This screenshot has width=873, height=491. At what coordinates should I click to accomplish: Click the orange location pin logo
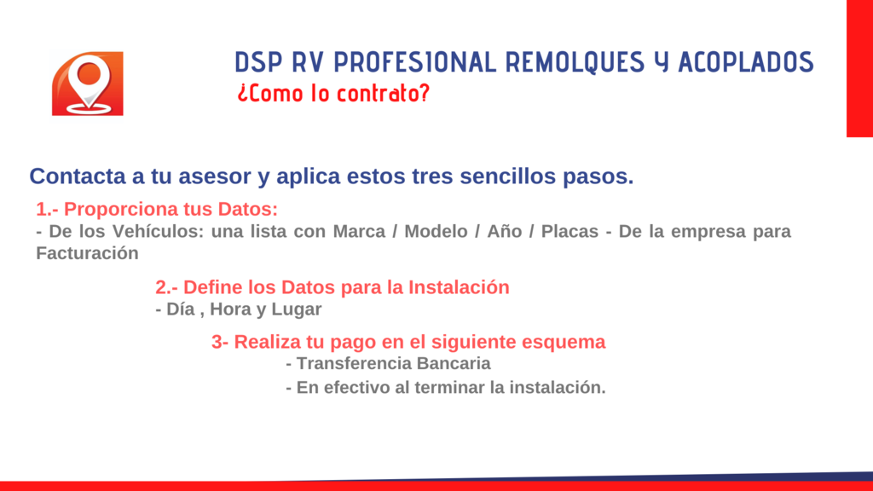(x=88, y=84)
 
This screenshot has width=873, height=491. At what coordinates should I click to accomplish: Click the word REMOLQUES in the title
(x=575, y=62)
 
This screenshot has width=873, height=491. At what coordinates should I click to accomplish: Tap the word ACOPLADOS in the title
(x=746, y=61)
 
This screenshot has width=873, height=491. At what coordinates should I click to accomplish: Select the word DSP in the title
(x=258, y=61)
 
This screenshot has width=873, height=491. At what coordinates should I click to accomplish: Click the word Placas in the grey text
(x=569, y=231)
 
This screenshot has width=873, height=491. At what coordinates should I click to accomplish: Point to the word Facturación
(x=88, y=253)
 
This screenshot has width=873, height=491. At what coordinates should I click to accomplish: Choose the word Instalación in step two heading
(x=459, y=287)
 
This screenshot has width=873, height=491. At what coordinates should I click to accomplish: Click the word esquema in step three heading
(x=564, y=342)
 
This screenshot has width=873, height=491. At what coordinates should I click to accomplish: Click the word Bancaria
(x=454, y=363)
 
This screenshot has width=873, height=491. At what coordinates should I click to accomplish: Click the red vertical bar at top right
(x=859, y=68)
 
